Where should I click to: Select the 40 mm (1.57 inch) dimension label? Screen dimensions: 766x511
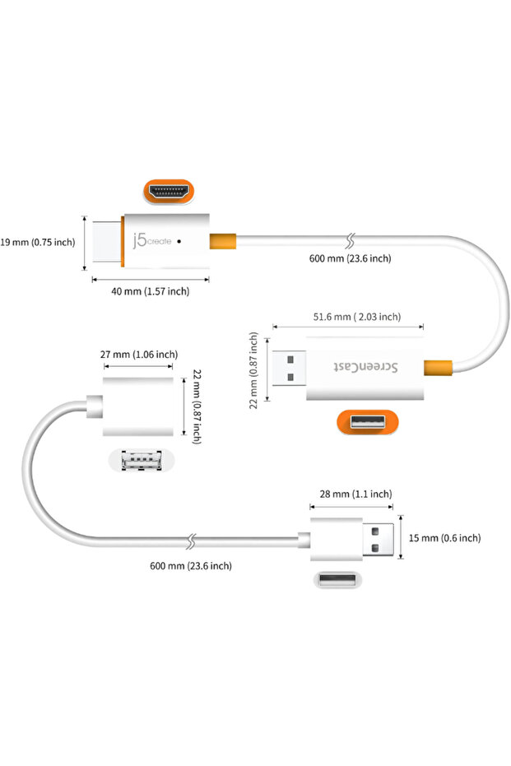pyautogui.click(x=151, y=291)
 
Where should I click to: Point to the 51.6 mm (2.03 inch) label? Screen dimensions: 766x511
pyautogui.click(x=357, y=317)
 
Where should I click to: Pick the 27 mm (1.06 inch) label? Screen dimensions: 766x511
pyautogui.click(x=138, y=354)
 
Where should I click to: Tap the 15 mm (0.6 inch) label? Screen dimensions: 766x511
pyautogui.click(x=444, y=538)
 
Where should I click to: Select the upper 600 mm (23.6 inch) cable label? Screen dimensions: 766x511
pyautogui.click(x=350, y=258)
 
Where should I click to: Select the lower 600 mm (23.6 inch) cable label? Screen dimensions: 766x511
pyautogui.click(x=190, y=565)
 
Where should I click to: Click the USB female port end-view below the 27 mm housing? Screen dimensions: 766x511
pyautogui.click(x=137, y=462)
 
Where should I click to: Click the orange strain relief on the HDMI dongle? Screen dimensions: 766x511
pyautogui.click(x=223, y=241)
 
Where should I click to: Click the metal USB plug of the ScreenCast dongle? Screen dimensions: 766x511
pyautogui.click(x=289, y=368)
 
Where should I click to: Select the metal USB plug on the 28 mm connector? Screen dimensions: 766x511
pyautogui.click(x=378, y=538)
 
